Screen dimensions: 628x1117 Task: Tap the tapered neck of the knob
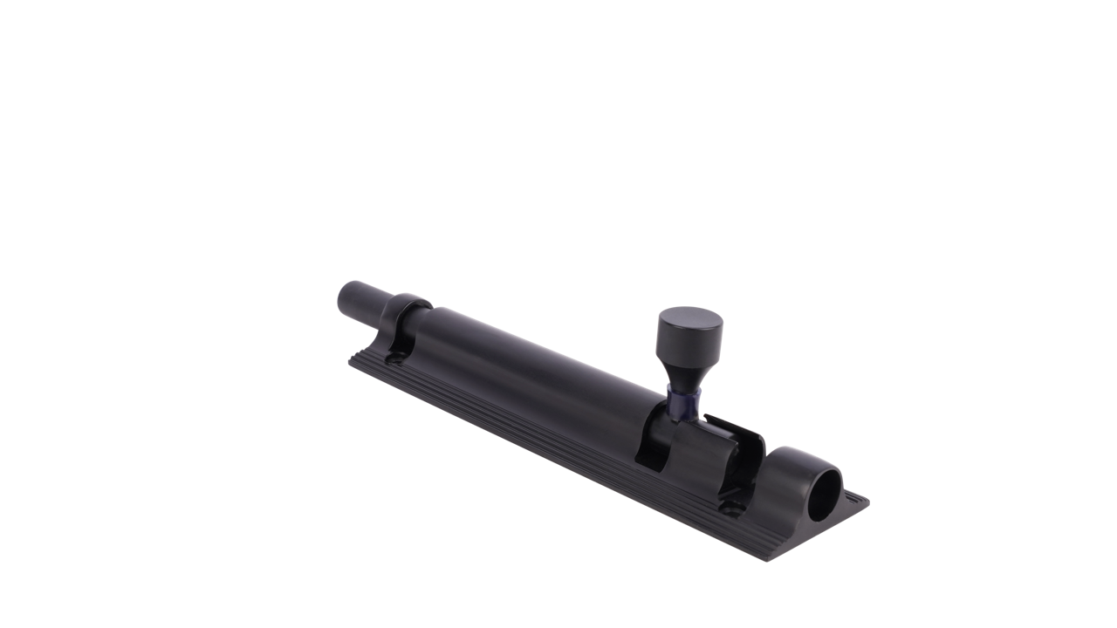tap(687, 373)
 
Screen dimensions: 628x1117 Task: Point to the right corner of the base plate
tap(866, 500)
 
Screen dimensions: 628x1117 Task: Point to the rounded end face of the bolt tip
tap(343, 297)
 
